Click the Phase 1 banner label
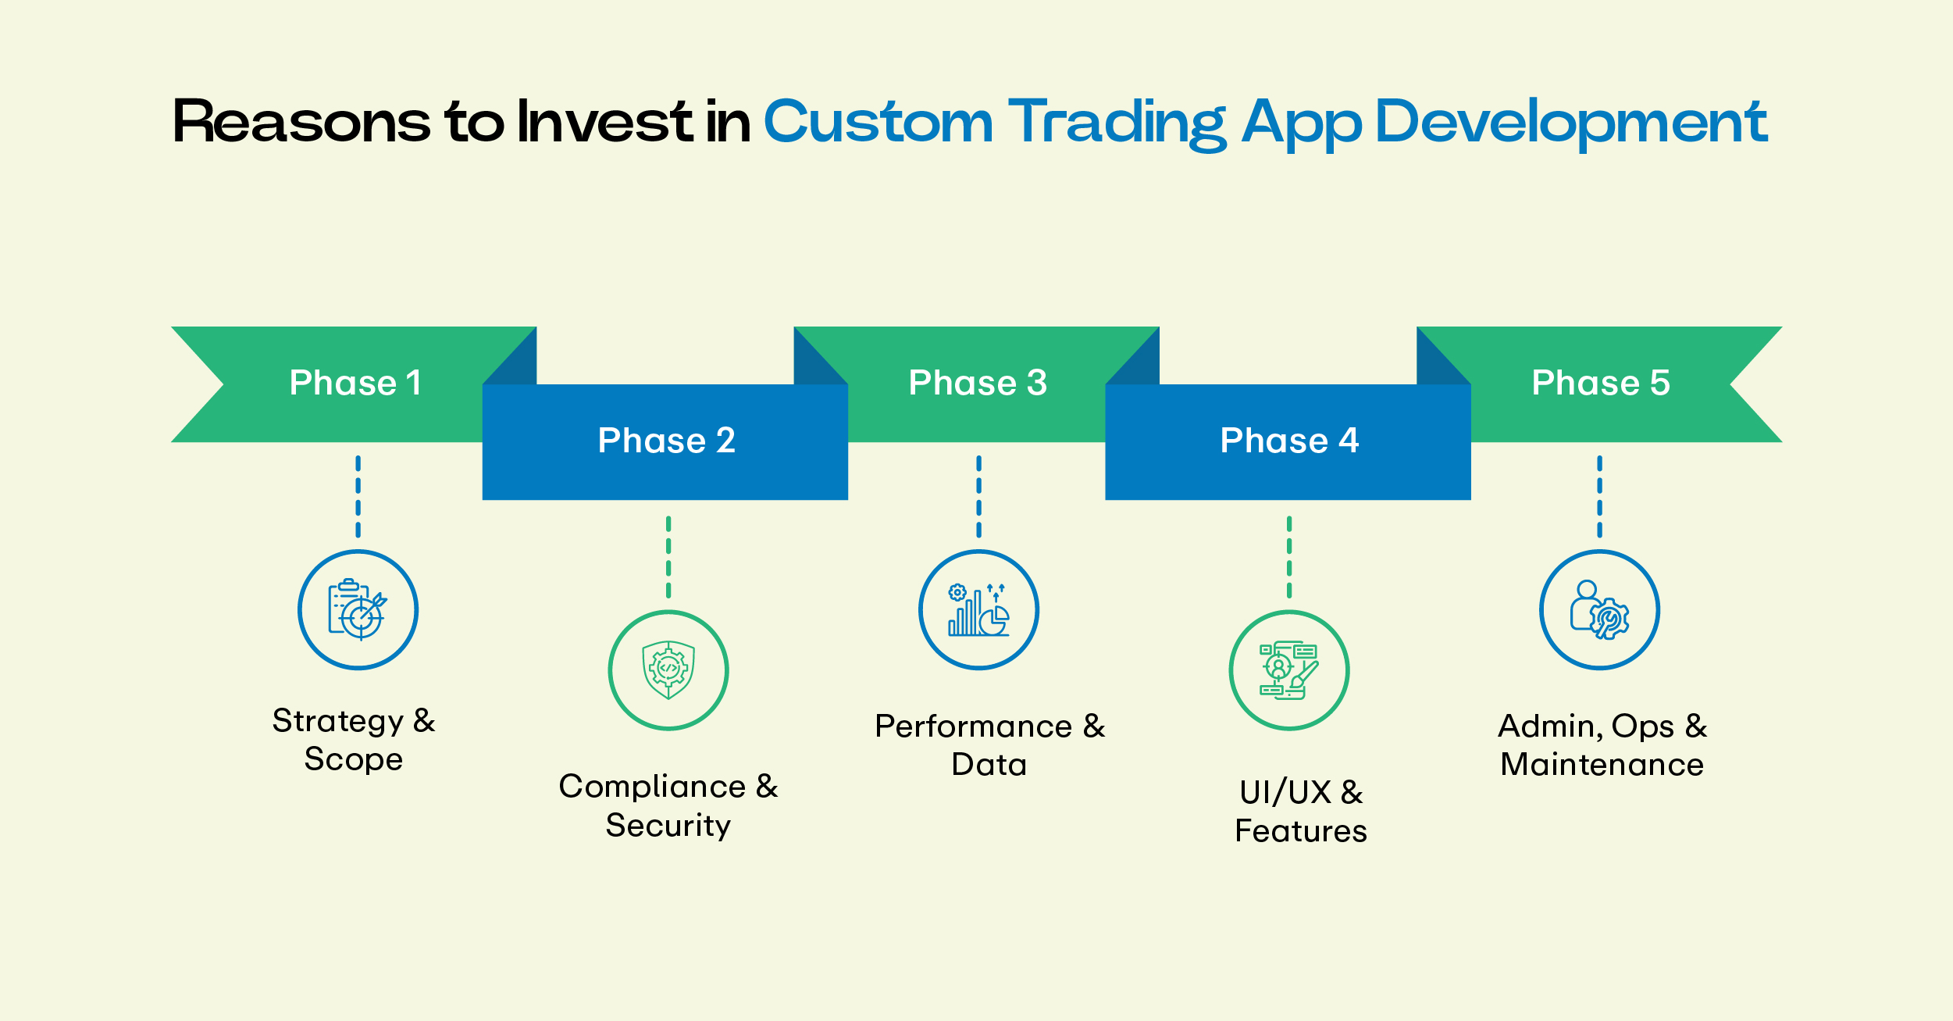click(355, 383)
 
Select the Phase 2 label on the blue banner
click(666, 441)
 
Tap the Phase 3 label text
click(978, 383)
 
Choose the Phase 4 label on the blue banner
click(1289, 441)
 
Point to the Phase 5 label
click(1600, 383)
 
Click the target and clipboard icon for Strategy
click(358, 610)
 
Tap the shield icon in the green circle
click(668, 670)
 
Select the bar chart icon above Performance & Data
click(978, 610)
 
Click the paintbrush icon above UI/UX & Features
click(1289, 670)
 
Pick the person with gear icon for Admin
click(1599, 610)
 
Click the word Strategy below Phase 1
click(337, 721)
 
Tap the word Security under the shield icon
click(668, 826)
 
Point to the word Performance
click(973, 726)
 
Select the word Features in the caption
click(1300, 831)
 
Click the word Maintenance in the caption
click(1602, 765)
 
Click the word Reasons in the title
click(301, 122)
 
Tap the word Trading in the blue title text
click(1117, 122)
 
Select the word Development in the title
click(1570, 122)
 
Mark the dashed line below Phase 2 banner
click(668, 556)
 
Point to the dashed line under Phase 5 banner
click(1599, 496)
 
